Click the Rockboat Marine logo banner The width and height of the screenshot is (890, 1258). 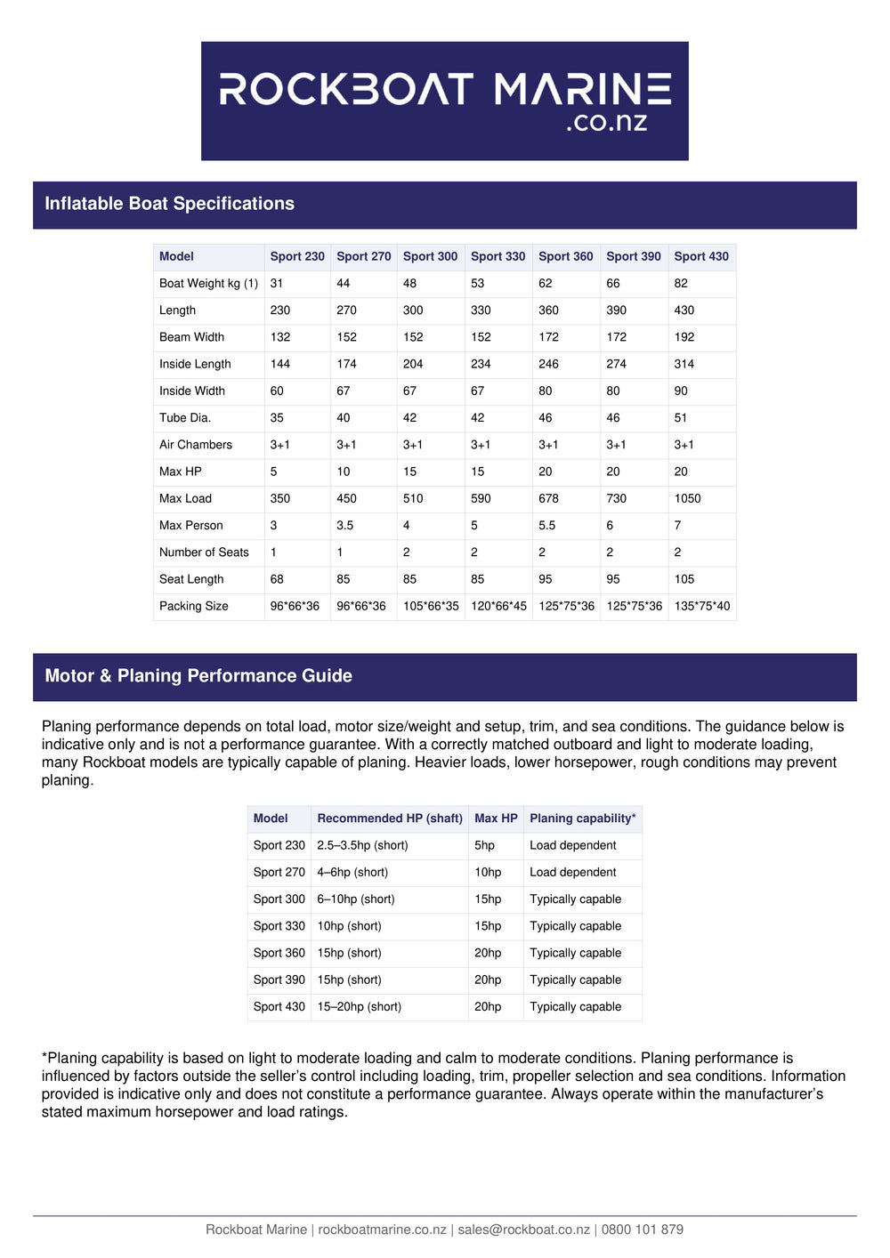(x=444, y=101)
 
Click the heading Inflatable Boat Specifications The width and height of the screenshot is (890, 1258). (x=169, y=204)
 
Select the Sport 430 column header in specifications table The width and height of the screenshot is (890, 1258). (x=701, y=256)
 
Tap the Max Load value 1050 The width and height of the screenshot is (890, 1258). (x=687, y=498)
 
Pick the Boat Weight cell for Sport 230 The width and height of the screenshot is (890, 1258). (x=277, y=283)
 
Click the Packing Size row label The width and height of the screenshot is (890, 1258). (x=193, y=606)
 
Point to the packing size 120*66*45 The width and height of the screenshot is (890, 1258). (x=498, y=606)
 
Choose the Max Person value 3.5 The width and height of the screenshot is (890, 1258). (x=344, y=526)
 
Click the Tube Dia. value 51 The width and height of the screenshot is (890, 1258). (x=680, y=418)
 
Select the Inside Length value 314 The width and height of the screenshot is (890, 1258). (x=684, y=364)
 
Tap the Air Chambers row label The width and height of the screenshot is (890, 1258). (x=195, y=445)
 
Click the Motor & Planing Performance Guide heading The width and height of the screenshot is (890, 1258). (x=198, y=676)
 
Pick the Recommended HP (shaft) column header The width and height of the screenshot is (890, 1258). (x=390, y=819)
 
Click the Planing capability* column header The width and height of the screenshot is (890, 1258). (x=582, y=819)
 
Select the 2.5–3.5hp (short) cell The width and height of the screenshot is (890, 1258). (x=362, y=845)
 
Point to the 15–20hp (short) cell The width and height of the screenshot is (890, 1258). (x=359, y=1007)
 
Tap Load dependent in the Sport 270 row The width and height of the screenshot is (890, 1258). (x=572, y=873)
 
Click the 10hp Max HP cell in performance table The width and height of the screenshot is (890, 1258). (x=488, y=873)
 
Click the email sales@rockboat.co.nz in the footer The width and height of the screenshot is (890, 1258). (x=523, y=1230)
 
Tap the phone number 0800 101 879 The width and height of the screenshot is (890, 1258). (x=642, y=1230)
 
